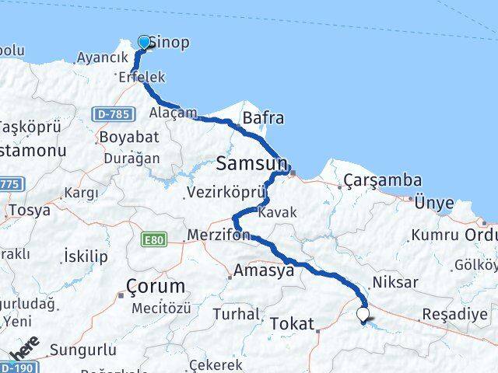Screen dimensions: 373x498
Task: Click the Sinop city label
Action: tap(169, 42)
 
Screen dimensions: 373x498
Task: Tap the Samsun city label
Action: tap(251, 164)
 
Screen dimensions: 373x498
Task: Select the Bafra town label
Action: tap(263, 119)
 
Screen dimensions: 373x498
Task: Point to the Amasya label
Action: tap(265, 270)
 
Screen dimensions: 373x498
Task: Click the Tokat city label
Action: tap(293, 323)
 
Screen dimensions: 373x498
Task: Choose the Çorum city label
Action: tap(156, 285)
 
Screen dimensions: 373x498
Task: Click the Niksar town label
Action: tap(395, 282)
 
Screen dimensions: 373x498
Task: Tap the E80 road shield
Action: tap(154, 241)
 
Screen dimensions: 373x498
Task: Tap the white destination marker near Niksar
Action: tap(363, 315)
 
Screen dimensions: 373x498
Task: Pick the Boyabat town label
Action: tap(128, 137)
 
